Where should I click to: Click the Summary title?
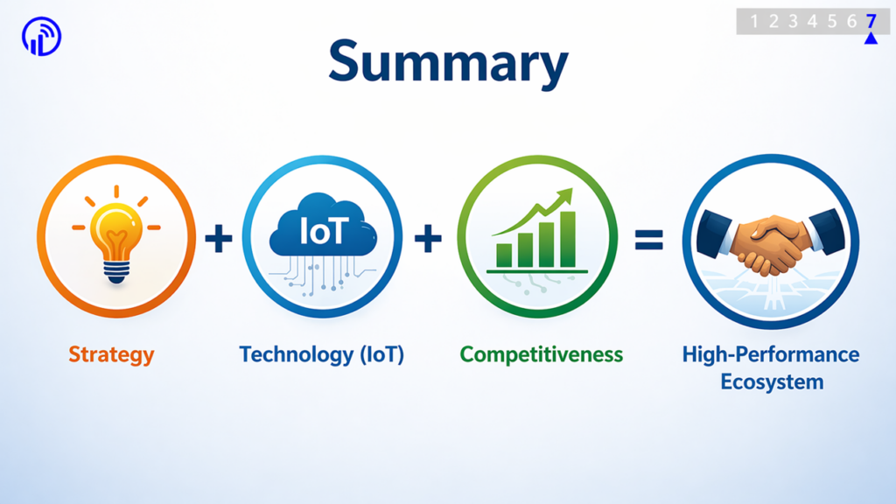click(448, 63)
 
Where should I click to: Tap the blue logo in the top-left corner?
click(42, 37)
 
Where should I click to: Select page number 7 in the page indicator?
click(871, 21)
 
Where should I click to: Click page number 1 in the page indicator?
click(754, 21)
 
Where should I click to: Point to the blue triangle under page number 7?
click(871, 38)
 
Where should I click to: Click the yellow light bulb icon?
click(116, 234)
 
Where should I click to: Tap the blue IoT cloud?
click(323, 225)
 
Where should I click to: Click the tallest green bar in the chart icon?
click(568, 240)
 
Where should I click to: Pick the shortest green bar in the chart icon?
click(504, 255)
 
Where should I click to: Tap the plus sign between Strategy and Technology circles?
click(218, 238)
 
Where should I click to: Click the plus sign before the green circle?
click(428, 238)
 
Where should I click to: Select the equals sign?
click(649, 240)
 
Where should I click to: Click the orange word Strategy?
click(111, 355)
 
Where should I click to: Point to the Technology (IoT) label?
click(322, 355)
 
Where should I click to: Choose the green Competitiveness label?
click(541, 354)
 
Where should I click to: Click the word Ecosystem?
click(772, 381)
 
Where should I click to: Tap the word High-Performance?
click(771, 354)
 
